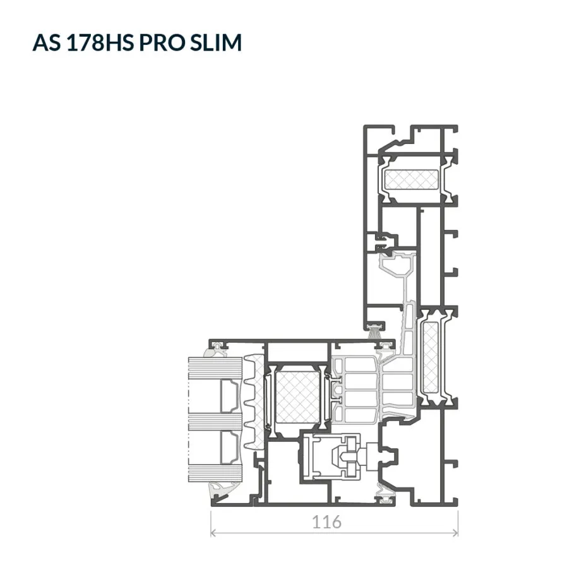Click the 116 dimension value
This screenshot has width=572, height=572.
pos(326,522)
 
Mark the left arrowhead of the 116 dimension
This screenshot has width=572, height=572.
pos(214,533)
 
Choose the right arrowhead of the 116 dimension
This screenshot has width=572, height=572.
pos(455,533)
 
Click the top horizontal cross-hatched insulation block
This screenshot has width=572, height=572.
pos(411,180)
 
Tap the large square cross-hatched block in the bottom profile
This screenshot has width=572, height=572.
pos(297,397)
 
